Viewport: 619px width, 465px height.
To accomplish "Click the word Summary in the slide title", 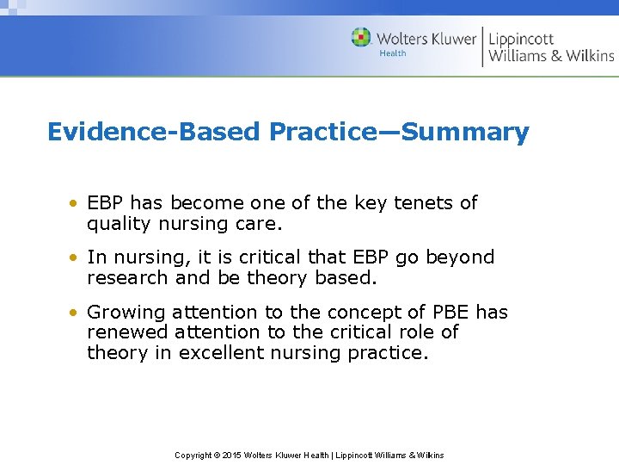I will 465,133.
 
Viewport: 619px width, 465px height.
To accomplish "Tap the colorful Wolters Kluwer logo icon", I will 361,38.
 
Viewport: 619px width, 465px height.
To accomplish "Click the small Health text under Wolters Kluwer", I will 393,53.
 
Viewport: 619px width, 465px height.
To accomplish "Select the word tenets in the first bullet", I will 425,203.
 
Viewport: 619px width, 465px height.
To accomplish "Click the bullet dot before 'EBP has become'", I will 76,204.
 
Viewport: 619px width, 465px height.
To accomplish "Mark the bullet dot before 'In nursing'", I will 76,258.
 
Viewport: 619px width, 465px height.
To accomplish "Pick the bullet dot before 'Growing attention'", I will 76,313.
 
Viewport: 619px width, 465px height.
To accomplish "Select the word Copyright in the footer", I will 193,455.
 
